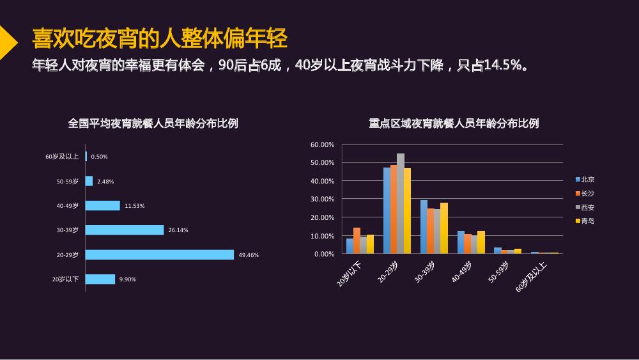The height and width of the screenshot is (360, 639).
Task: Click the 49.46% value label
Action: point(249,255)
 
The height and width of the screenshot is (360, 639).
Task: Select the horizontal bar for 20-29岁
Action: point(160,254)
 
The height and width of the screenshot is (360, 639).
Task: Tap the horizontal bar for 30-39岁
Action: point(125,230)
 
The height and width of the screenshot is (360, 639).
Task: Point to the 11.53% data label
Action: point(134,206)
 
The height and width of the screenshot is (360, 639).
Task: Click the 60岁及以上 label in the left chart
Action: point(62,157)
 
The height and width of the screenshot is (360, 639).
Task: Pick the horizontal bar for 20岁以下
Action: point(100,279)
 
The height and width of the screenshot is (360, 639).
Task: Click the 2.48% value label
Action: point(105,182)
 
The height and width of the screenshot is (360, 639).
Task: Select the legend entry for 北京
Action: point(585,180)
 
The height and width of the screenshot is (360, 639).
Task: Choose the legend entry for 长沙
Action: point(585,193)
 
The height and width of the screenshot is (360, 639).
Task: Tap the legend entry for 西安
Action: point(585,208)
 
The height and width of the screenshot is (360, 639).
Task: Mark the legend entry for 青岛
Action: point(585,221)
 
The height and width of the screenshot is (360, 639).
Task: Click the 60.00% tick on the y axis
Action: point(322,145)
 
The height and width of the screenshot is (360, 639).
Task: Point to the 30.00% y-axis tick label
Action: point(322,200)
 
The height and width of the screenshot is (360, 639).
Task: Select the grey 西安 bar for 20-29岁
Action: point(401,203)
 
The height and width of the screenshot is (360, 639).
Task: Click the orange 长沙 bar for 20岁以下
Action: point(357,240)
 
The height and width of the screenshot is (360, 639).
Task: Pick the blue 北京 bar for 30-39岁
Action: point(424,227)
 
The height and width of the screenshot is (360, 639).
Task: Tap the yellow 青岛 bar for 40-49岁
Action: point(481,242)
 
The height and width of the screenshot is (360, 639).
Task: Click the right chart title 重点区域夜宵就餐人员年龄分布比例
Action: point(454,123)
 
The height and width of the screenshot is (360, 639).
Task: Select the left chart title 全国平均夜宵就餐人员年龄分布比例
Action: point(153,123)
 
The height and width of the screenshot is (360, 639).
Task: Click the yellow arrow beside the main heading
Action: point(7,42)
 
